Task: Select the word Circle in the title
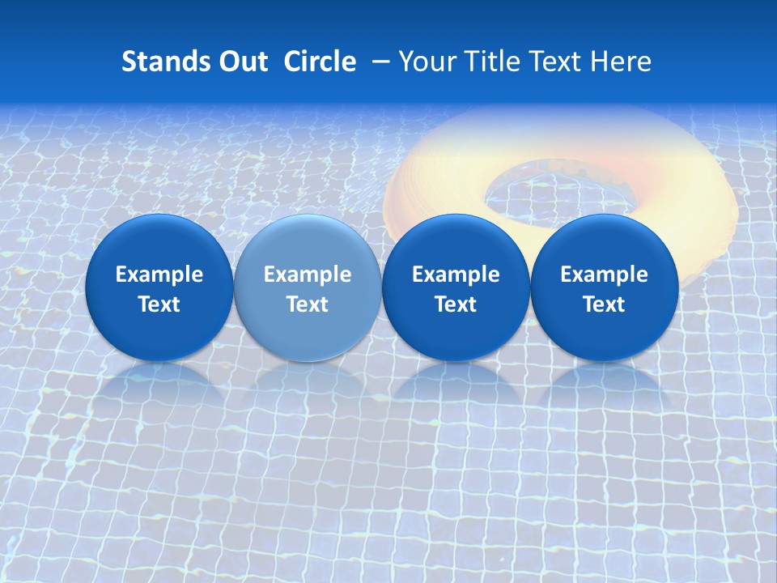[320, 62]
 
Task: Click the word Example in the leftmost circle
[159, 274]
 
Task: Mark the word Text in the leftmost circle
[159, 304]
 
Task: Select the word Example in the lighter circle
[308, 274]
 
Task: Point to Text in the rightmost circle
[604, 304]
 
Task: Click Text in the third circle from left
[456, 304]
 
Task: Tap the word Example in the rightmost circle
[604, 274]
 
